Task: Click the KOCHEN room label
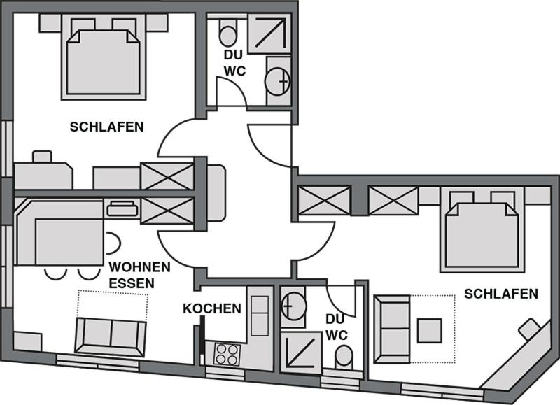[x=212, y=308]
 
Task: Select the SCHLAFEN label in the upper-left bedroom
[x=107, y=127]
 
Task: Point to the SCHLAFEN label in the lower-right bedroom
[x=500, y=294]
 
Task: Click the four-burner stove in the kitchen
[x=227, y=355]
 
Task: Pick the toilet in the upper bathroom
[x=227, y=32]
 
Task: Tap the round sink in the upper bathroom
[x=277, y=82]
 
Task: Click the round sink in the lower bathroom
[x=293, y=306]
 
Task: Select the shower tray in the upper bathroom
[x=269, y=34]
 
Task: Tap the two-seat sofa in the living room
[x=111, y=337]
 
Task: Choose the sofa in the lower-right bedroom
[x=391, y=329]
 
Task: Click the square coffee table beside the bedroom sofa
[x=430, y=331]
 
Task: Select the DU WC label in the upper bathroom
[x=234, y=63]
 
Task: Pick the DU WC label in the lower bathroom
[x=337, y=327]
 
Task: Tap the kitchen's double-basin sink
[x=260, y=315]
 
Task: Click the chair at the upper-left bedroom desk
[x=42, y=157]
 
